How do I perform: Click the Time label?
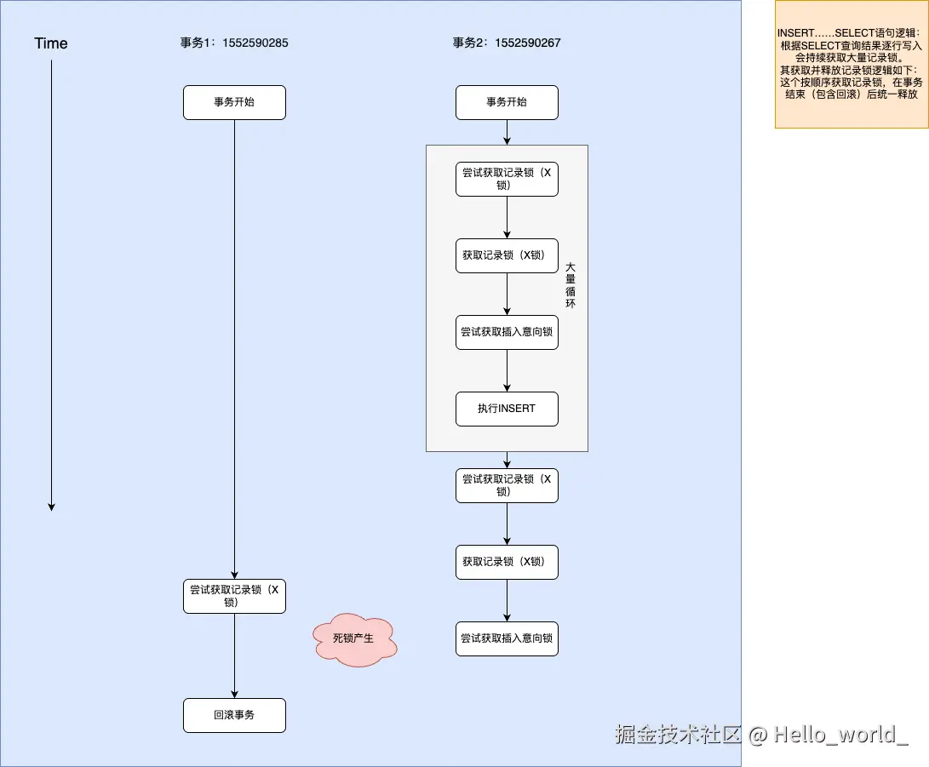pos(51,43)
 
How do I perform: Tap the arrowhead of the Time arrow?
pos(51,507)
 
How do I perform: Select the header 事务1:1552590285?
pos(234,43)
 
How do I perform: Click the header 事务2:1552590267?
pos(507,43)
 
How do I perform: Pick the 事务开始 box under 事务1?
pos(234,102)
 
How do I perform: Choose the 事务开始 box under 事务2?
pos(507,102)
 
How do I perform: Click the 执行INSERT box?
pos(507,409)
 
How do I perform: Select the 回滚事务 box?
pos(234,715)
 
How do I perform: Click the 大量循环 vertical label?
pos(571,285)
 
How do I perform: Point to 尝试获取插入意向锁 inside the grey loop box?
pos(507,332)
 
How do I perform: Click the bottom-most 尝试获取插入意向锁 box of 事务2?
pos(507,638)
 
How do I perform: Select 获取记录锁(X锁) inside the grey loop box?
pos(507,255)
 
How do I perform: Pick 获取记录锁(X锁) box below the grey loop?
pos(507,562)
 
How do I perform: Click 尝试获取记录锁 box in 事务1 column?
pos(234,596)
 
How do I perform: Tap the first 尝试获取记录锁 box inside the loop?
pos(507,179)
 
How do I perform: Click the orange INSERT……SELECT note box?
pos(851,64)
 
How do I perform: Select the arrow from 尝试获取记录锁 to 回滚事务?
pos(234,655)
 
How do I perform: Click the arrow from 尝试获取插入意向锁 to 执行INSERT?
pos(507,370)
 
